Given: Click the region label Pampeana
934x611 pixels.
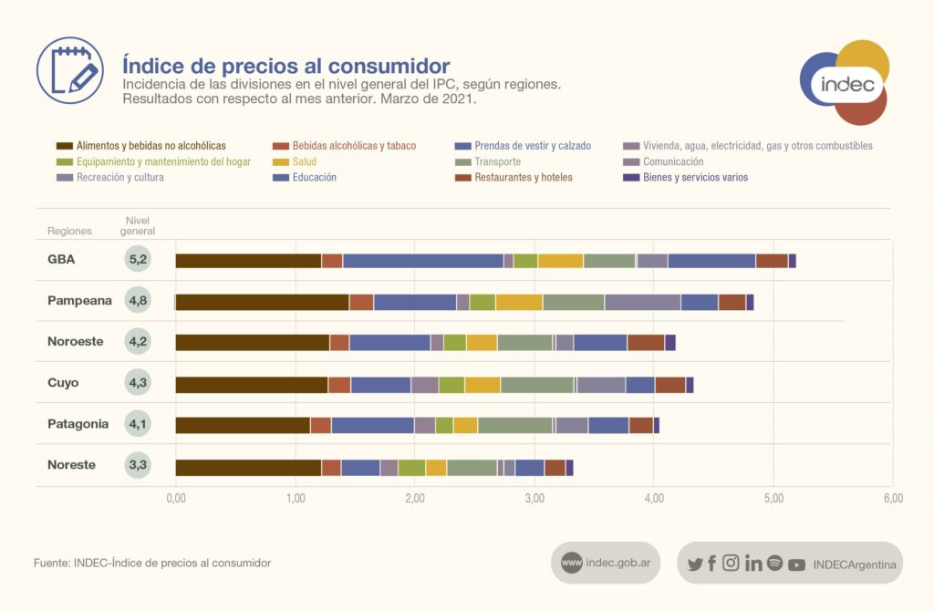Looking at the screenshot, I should click(79, 300).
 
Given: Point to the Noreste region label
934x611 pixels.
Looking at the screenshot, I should click(71, 465).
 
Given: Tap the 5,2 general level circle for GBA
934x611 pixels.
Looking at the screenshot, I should click(139, 260).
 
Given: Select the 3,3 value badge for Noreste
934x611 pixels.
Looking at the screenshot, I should click(139, 465).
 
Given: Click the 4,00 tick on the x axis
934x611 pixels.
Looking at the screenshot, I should click(653, 498).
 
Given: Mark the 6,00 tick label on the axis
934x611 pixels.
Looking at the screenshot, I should click(893, 498).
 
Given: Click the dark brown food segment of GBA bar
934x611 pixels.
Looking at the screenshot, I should click(248, 261).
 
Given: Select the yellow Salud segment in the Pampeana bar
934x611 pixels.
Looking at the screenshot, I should click(519, 302).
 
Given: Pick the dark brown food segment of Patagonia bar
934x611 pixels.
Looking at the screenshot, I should click(243, 425).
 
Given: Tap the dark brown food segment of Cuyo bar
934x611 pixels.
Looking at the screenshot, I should click(252, 384).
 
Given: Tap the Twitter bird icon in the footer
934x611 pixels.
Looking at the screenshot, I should click(695, 564).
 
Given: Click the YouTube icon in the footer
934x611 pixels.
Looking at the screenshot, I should click(796, 564).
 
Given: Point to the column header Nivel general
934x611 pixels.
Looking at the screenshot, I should click(140, 226).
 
